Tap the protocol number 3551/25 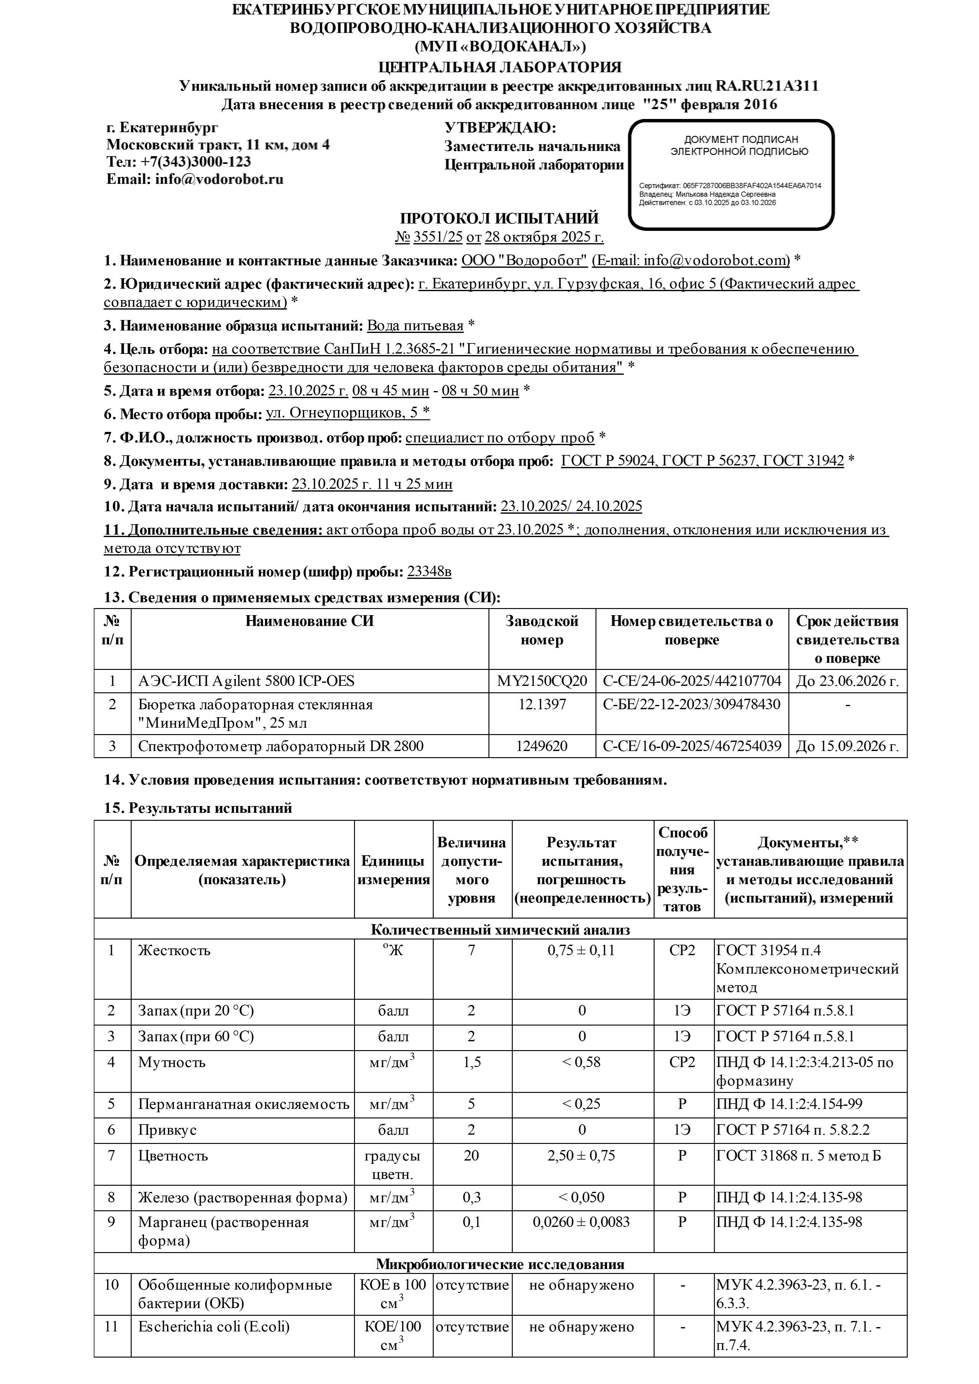[437, 237]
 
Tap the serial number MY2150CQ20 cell [542, 681]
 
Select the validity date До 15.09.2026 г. [847, 746]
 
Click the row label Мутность [172, 1062]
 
